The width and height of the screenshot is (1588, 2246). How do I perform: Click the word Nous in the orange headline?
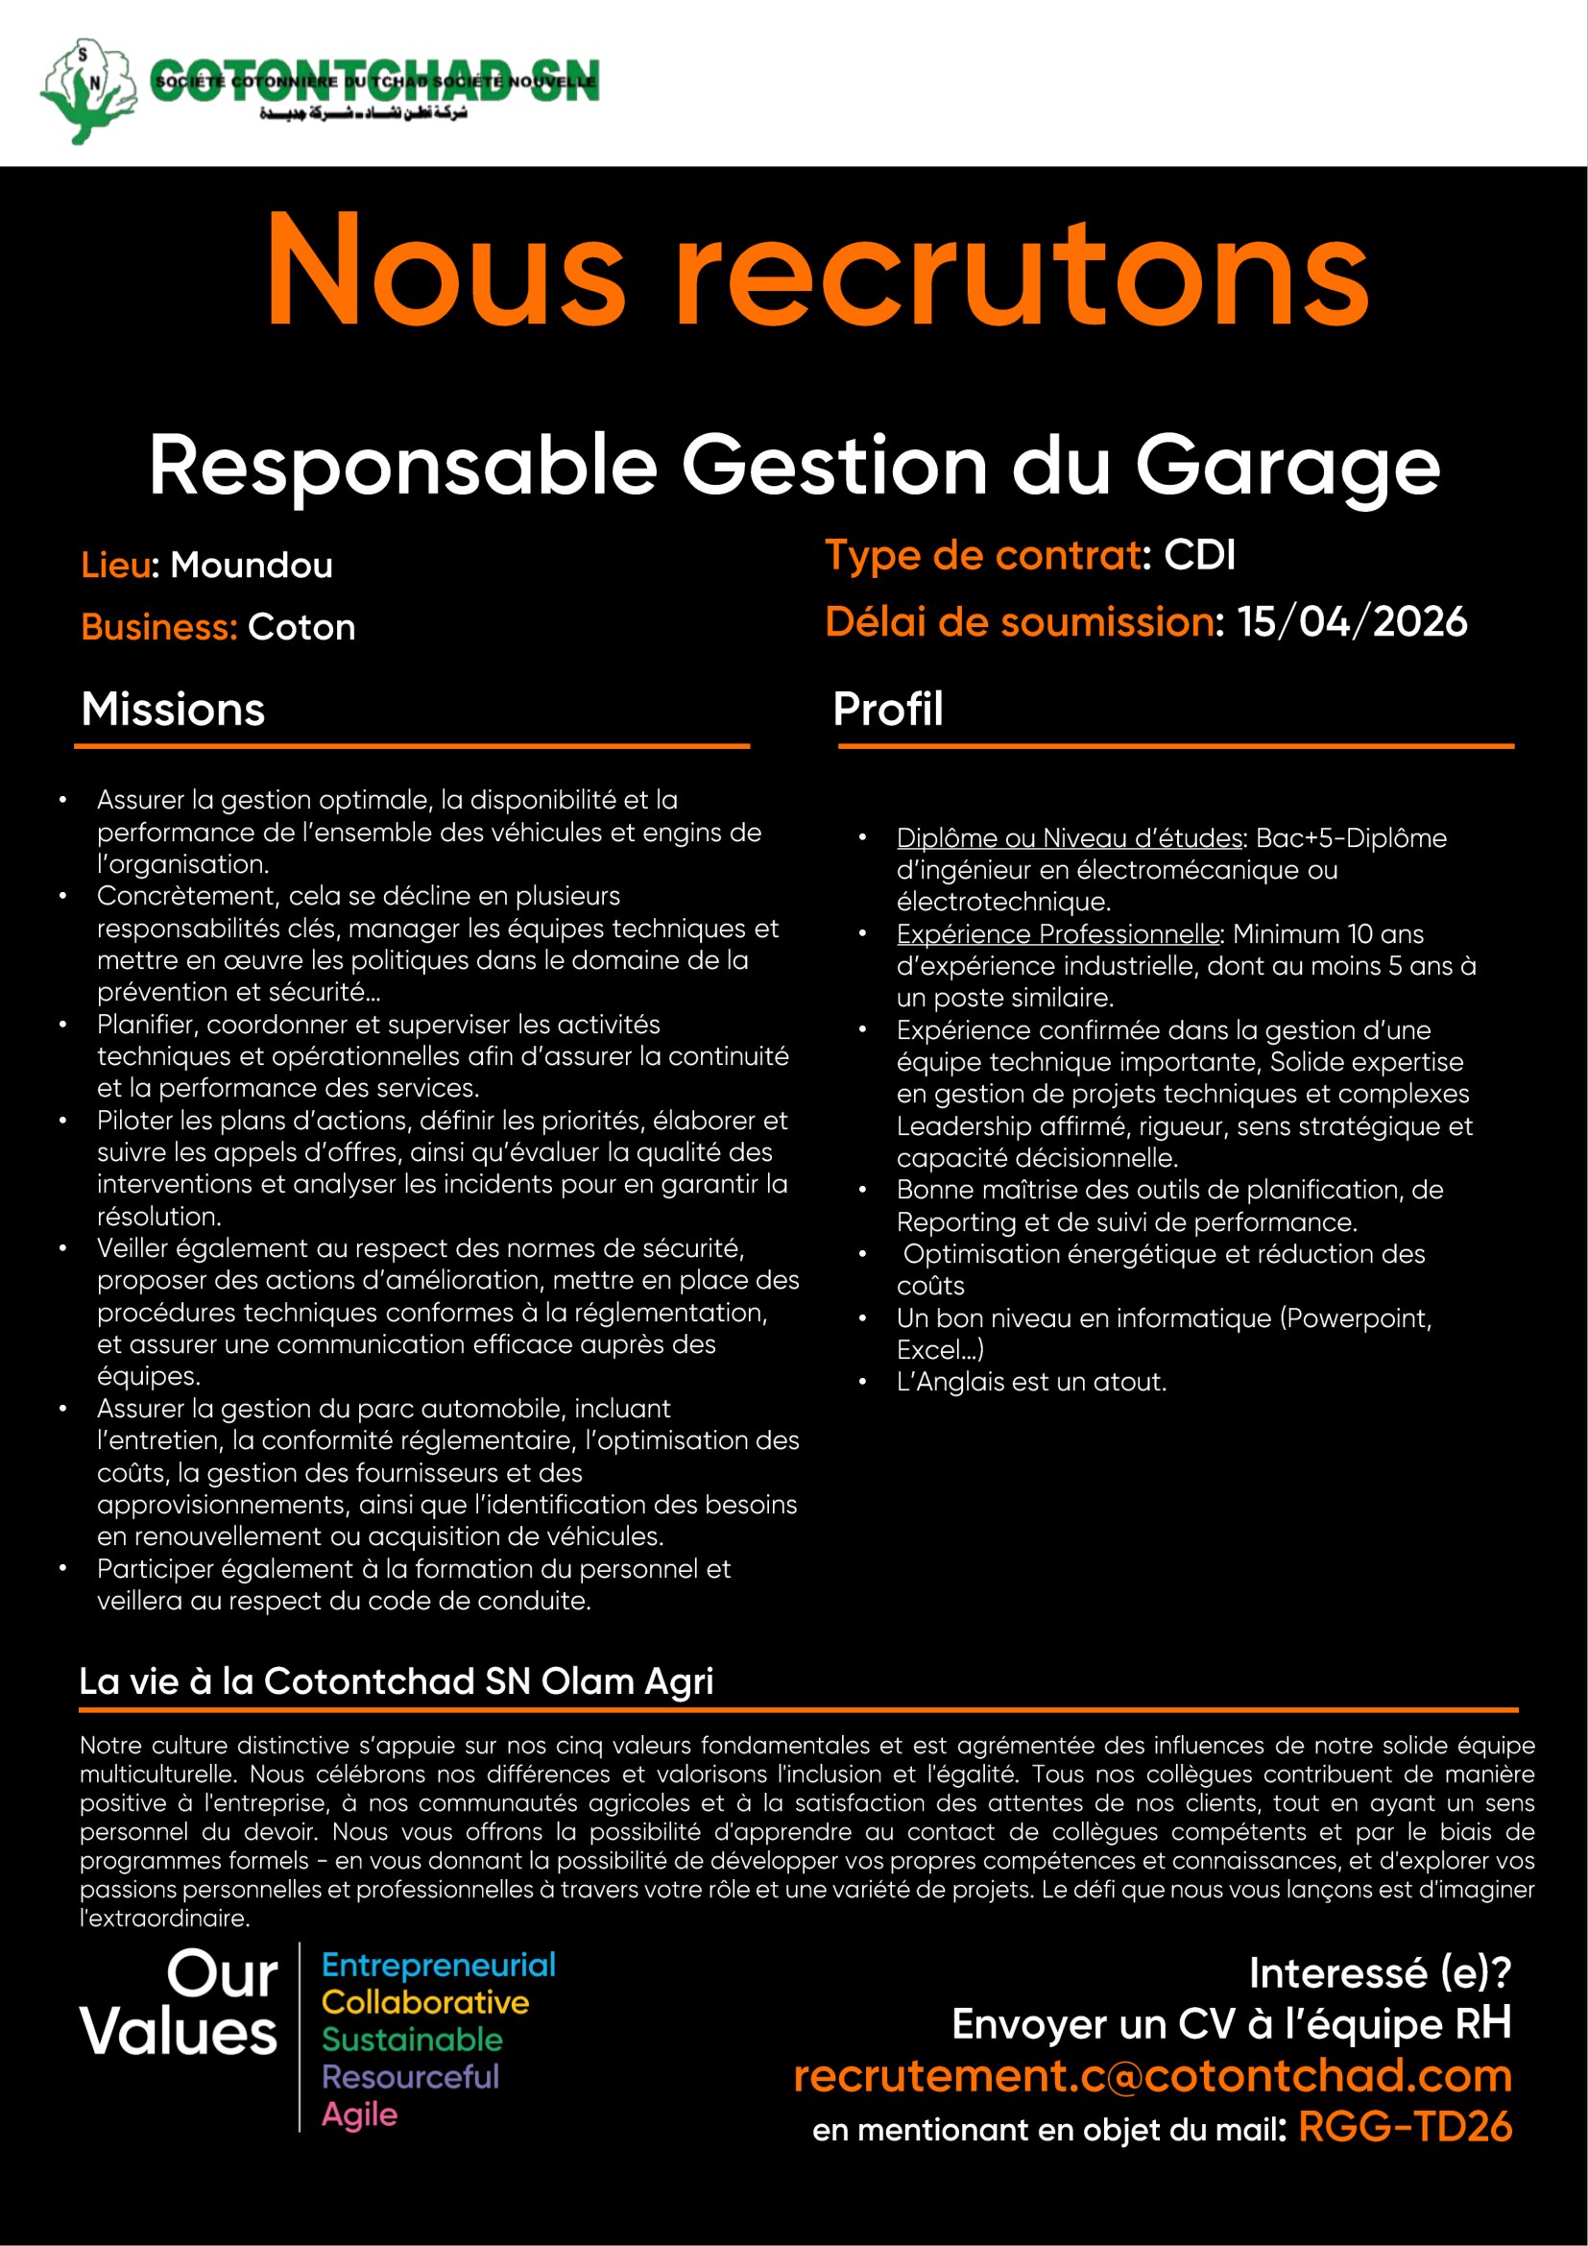pos(445,270)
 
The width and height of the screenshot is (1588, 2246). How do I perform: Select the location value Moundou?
pos(252,566)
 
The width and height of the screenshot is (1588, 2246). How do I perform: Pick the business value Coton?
pos(301,627)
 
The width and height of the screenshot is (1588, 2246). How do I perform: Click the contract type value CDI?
pos(1199,556)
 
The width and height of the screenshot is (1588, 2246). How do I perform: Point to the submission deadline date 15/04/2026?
pos(1352,622)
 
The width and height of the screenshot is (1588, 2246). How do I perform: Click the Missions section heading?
pos(173,710)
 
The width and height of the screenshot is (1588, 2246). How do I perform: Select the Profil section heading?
pos(887,710)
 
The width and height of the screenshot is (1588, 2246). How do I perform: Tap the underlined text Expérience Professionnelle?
pos(1057,934)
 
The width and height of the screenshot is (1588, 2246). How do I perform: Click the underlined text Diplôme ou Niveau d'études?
pos(1069,838)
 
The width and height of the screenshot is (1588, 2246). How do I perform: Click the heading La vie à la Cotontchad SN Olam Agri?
pos(396,1680)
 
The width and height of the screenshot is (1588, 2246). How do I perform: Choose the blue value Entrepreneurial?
pos(438,1966)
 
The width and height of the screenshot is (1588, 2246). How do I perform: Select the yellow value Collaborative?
pos(424,2002)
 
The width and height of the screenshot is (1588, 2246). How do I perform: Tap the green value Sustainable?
pos(412,2040)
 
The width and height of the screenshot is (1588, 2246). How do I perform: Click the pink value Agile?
pos(360,2113)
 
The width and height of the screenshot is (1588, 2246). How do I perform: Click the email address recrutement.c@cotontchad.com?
pos(1152,2076)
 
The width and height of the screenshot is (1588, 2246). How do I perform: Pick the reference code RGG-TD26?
pos(1405,2127)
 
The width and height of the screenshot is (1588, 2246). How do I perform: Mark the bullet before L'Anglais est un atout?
pos(862,1382)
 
